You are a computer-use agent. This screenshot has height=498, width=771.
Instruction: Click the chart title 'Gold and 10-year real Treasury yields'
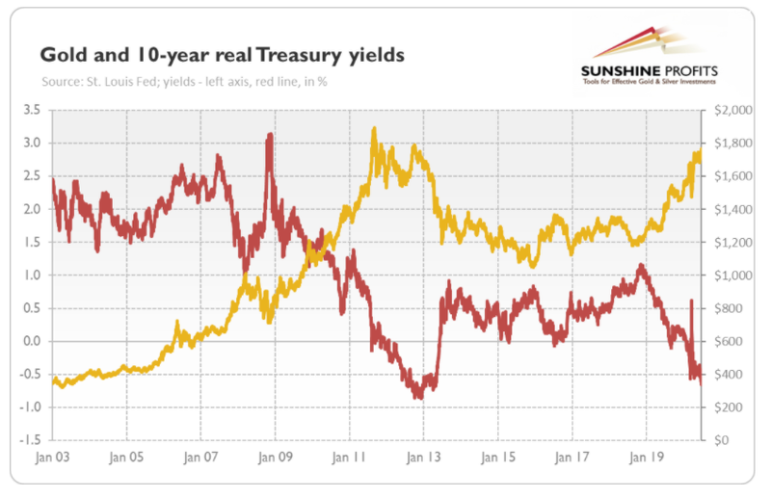(223, 55)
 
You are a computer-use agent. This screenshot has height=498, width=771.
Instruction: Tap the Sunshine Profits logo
(649, 57)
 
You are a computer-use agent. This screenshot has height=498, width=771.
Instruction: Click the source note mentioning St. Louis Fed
(184, 82)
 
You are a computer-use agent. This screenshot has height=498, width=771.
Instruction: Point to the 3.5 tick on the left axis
(32, 110)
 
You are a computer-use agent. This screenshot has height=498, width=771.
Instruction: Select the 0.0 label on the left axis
(32, 341)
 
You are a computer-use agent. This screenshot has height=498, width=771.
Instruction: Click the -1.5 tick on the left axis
(30, 440)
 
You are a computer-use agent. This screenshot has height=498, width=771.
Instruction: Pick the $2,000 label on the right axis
(733, 110)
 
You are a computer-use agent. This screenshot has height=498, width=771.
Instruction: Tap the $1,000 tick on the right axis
(733, 275)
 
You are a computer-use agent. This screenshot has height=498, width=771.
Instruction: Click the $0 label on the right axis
(721, 440)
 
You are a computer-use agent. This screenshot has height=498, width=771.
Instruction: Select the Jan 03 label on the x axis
(53, 458)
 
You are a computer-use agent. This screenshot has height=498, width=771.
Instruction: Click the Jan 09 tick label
(276, 458)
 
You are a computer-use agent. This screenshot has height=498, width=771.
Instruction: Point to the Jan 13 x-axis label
(424, 458)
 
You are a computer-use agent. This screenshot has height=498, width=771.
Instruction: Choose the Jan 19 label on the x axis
(647, 458)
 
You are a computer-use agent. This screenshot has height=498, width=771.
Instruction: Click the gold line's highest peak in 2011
(375, 128)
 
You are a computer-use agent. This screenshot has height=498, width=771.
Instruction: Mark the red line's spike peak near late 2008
(270, 134)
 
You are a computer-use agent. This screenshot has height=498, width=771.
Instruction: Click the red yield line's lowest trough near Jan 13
(419, 397)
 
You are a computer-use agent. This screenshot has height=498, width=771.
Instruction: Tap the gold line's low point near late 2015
(533, 267)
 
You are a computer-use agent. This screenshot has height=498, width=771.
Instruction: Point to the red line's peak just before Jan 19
(641, 265)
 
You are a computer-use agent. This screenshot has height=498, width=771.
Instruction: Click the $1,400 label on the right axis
(733, 209)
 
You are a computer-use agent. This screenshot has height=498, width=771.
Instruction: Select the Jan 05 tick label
(127, 458)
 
